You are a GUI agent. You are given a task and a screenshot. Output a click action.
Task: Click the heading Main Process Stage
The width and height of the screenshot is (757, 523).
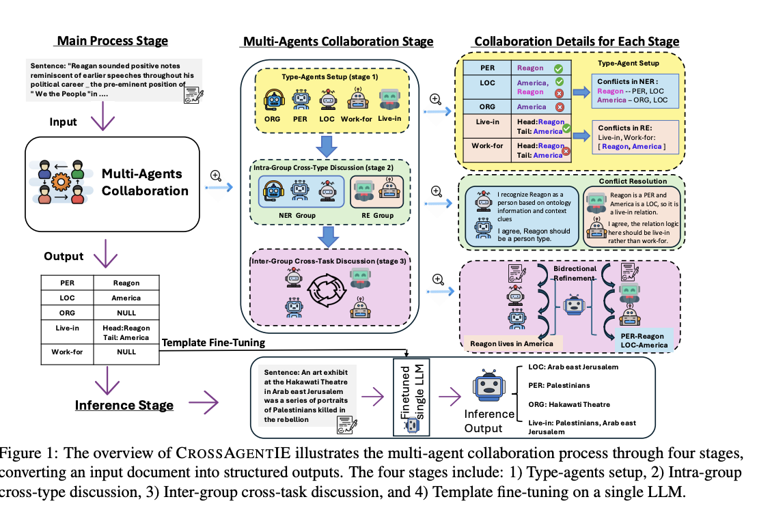tap(113, 40)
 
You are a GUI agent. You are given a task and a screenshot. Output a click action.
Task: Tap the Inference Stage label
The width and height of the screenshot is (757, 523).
tap(124, 406)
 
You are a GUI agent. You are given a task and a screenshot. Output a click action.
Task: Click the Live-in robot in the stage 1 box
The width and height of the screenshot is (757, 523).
tap(389, 100)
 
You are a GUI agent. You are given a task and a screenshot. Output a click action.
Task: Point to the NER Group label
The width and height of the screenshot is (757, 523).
tap(297, 215)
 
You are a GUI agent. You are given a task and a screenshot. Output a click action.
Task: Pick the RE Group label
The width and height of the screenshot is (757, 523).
tap(378, 215)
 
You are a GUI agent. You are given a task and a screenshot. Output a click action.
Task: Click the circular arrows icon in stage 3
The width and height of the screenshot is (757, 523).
tap(327, 290)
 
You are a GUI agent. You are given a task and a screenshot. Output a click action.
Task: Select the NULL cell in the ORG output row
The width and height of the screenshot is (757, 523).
tap(126, 313)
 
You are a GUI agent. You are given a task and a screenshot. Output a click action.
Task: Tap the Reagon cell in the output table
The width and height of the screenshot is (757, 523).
tap(126, 283)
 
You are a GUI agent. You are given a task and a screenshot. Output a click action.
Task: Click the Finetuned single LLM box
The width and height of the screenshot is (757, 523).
tap(411, 397)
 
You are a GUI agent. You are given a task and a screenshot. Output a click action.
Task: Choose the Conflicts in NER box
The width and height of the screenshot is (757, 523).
tap(635, 91)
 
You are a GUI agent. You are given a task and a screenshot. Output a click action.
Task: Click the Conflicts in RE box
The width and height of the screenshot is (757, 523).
tap(635, 137)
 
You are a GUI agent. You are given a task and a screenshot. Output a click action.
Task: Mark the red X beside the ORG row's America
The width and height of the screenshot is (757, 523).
tap(560, 107)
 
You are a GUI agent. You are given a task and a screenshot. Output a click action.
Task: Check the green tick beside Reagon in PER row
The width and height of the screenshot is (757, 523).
tap(559, 68)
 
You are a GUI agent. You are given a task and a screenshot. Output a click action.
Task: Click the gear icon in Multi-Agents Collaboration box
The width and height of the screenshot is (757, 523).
tap(61, 182)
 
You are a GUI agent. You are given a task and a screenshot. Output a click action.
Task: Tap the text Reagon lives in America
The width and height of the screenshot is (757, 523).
tap(512, 343)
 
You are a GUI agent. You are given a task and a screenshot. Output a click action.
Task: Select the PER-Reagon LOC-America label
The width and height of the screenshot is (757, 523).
tap(644, 341)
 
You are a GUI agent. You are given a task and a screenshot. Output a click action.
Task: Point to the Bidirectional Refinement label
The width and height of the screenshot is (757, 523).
tap(575, 273)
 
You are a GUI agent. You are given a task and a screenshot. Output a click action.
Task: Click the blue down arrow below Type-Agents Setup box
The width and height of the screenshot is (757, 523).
tap(327, 146)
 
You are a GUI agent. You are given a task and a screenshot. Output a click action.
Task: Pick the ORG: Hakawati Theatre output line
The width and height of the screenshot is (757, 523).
tap(569, 404)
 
